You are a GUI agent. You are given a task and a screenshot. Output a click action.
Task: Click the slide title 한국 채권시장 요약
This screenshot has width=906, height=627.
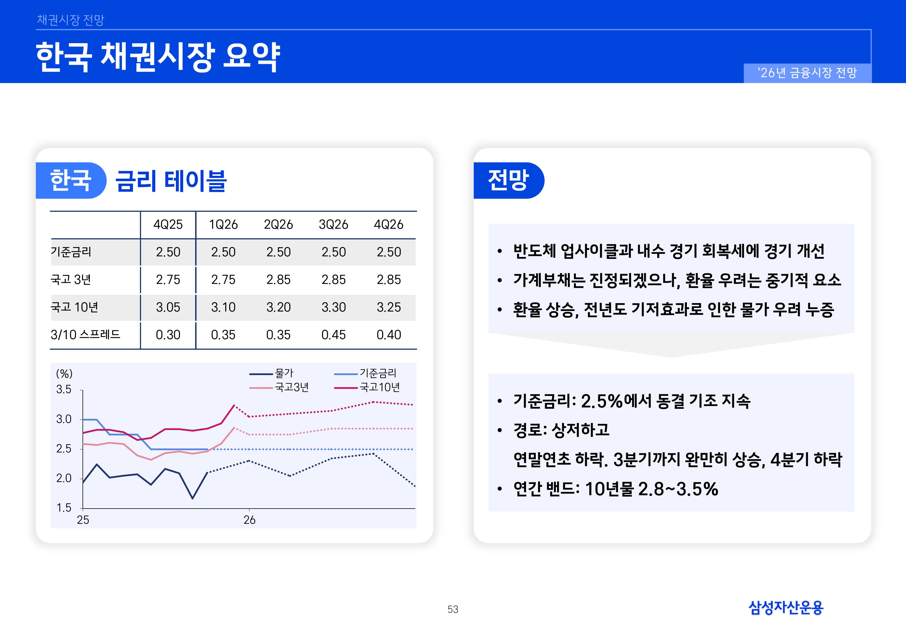coord(158,57)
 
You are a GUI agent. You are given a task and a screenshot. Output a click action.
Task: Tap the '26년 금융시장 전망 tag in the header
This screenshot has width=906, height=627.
coord(807,73)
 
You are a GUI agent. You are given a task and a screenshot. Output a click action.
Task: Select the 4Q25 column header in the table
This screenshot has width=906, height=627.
coord(168,225)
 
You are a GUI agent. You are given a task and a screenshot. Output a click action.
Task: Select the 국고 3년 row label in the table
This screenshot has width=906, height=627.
coord(71,280)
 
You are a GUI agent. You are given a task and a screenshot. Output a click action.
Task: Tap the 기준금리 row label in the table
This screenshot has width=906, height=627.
coord(71,252)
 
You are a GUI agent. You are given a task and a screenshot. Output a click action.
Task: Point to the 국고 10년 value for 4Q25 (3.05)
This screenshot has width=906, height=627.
coord(168,307)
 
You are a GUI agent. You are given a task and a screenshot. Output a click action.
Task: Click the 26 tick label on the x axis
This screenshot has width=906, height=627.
coord(249,520)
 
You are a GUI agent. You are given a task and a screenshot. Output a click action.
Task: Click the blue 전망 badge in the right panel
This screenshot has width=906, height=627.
coord(508,180)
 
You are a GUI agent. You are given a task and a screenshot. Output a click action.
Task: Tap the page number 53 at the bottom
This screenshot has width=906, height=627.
coord(453,609)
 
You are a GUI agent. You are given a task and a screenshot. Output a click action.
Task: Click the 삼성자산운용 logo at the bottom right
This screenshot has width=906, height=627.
coord(786,608)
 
